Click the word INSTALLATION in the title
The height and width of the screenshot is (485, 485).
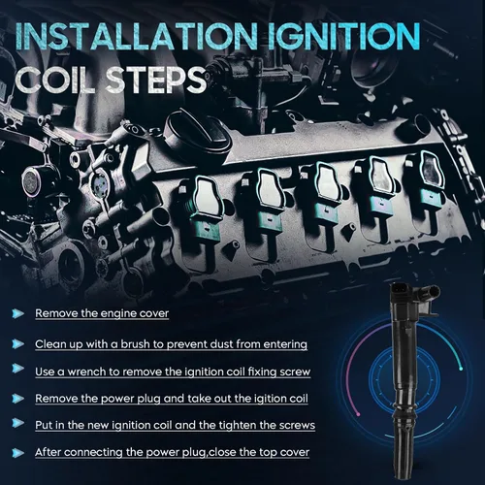tap(136, 36)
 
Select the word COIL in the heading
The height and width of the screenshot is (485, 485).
tap(55, 80)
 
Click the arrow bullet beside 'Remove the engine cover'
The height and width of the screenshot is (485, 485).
tap(18, 313)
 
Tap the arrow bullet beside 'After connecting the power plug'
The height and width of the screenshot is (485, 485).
tap(18, 453)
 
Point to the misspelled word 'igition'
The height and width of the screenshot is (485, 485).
tap(265, 399)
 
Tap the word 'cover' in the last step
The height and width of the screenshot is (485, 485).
tap(295, 452)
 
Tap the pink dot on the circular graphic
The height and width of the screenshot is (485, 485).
tap(358, 414)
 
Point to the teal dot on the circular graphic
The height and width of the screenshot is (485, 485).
tap(461, 369)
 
